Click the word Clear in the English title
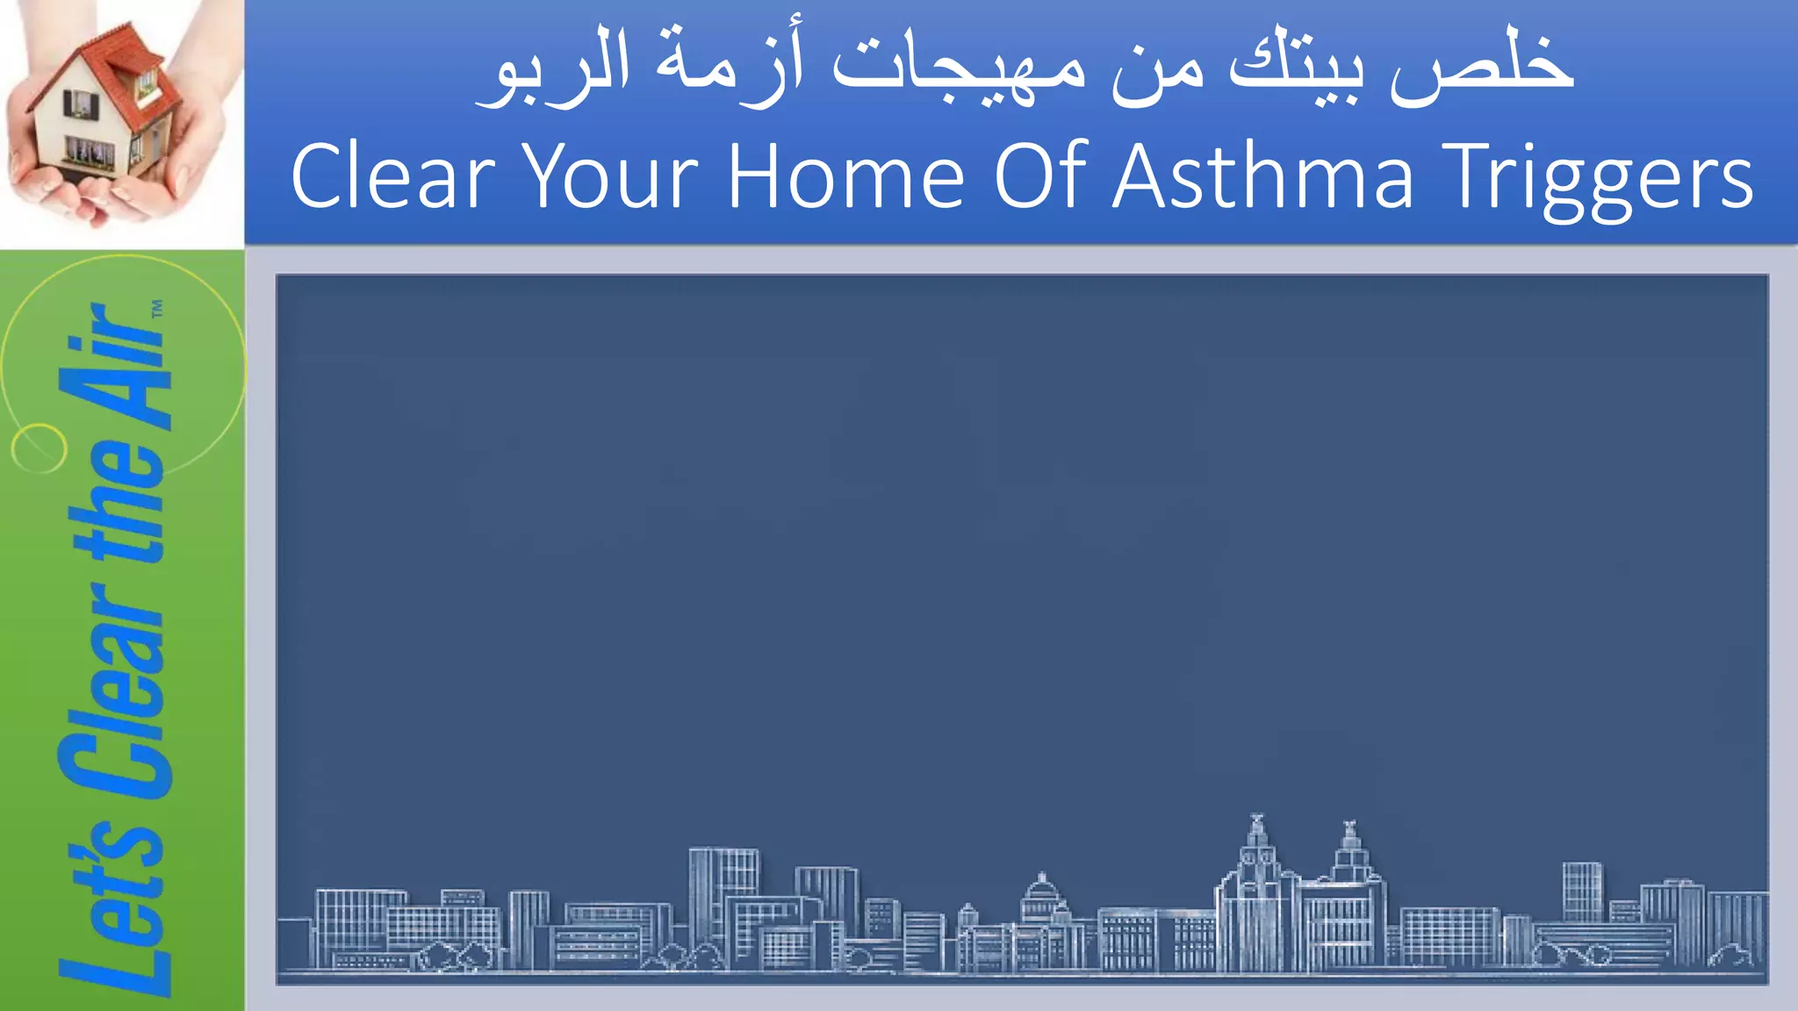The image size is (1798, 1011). [392, 177]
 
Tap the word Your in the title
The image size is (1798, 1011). [611, 177]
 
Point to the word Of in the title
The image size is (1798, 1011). [1039, 177]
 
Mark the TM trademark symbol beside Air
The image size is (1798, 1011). [157, 309]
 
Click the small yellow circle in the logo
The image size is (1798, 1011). [39, 448]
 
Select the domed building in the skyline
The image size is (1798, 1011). [1041, 904]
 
